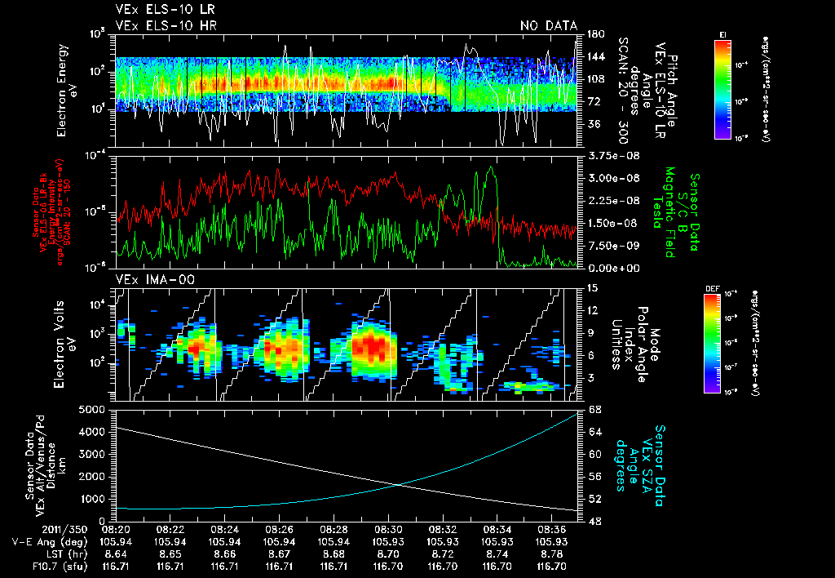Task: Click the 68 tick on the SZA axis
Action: click(x=594, y=409)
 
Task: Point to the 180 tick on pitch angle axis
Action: click(x=594, y=34)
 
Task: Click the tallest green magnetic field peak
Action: click(x=490, y=168)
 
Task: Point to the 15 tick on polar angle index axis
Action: click(x=591, y=288)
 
